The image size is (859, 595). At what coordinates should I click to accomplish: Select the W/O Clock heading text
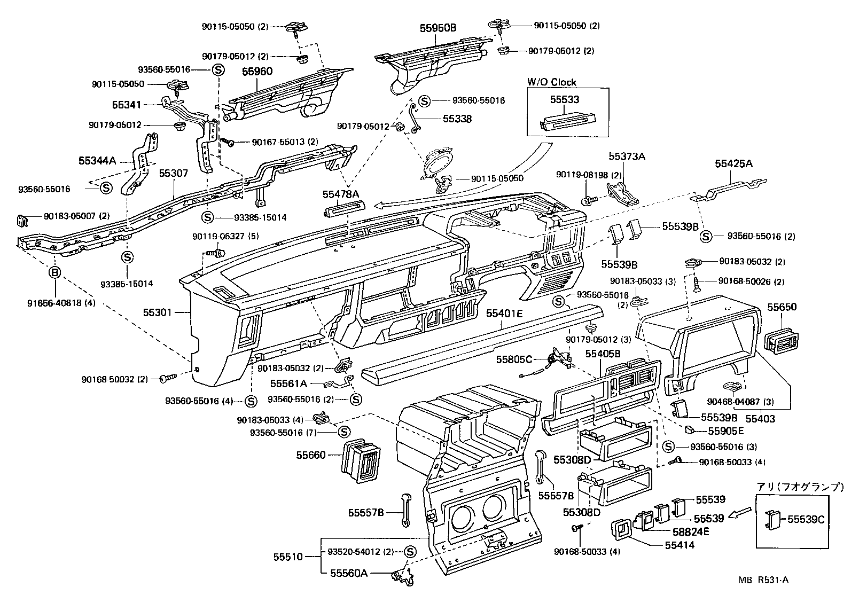point(552,82)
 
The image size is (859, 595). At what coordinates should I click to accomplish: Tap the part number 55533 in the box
point(565,99)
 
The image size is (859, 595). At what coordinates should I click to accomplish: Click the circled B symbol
point(55,273)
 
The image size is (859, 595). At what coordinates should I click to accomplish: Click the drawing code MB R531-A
point(764,580)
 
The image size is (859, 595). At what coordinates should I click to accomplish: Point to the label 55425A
point(733,164)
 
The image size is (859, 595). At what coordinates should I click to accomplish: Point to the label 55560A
point(348,574)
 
